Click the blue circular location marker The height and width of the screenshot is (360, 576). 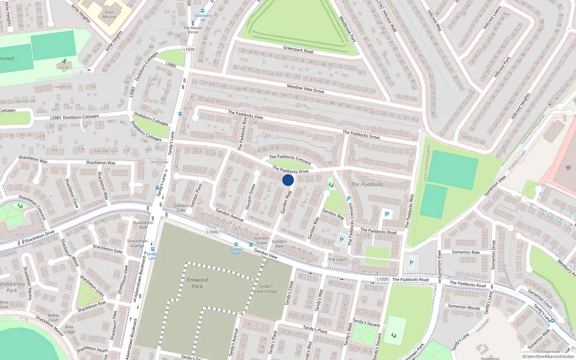point(288,180)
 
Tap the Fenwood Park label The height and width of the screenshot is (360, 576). point(197,283)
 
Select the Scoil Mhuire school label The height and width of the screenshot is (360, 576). point(109,14)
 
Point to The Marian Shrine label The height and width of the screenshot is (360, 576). point(193,30)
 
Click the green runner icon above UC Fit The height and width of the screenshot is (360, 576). point(64,62)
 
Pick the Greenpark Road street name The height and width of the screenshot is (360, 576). point(298,50)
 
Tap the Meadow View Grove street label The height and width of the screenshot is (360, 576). point(305,89)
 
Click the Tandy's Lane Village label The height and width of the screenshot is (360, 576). point(266,289)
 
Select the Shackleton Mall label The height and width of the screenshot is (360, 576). point(143,225)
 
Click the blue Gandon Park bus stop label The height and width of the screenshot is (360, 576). point(236,251)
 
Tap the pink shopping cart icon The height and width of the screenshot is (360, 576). point(568,167)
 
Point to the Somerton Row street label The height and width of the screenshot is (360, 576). point(466,252)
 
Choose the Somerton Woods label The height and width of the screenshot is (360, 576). point(464,307)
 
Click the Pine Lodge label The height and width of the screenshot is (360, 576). point(69,329)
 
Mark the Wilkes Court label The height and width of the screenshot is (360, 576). point(54,318)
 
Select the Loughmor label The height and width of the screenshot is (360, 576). point(63,87)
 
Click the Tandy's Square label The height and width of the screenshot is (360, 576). point(366,323)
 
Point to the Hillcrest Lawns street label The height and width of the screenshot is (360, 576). point(492,18)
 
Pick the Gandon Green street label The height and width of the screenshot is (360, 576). point(250,197)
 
